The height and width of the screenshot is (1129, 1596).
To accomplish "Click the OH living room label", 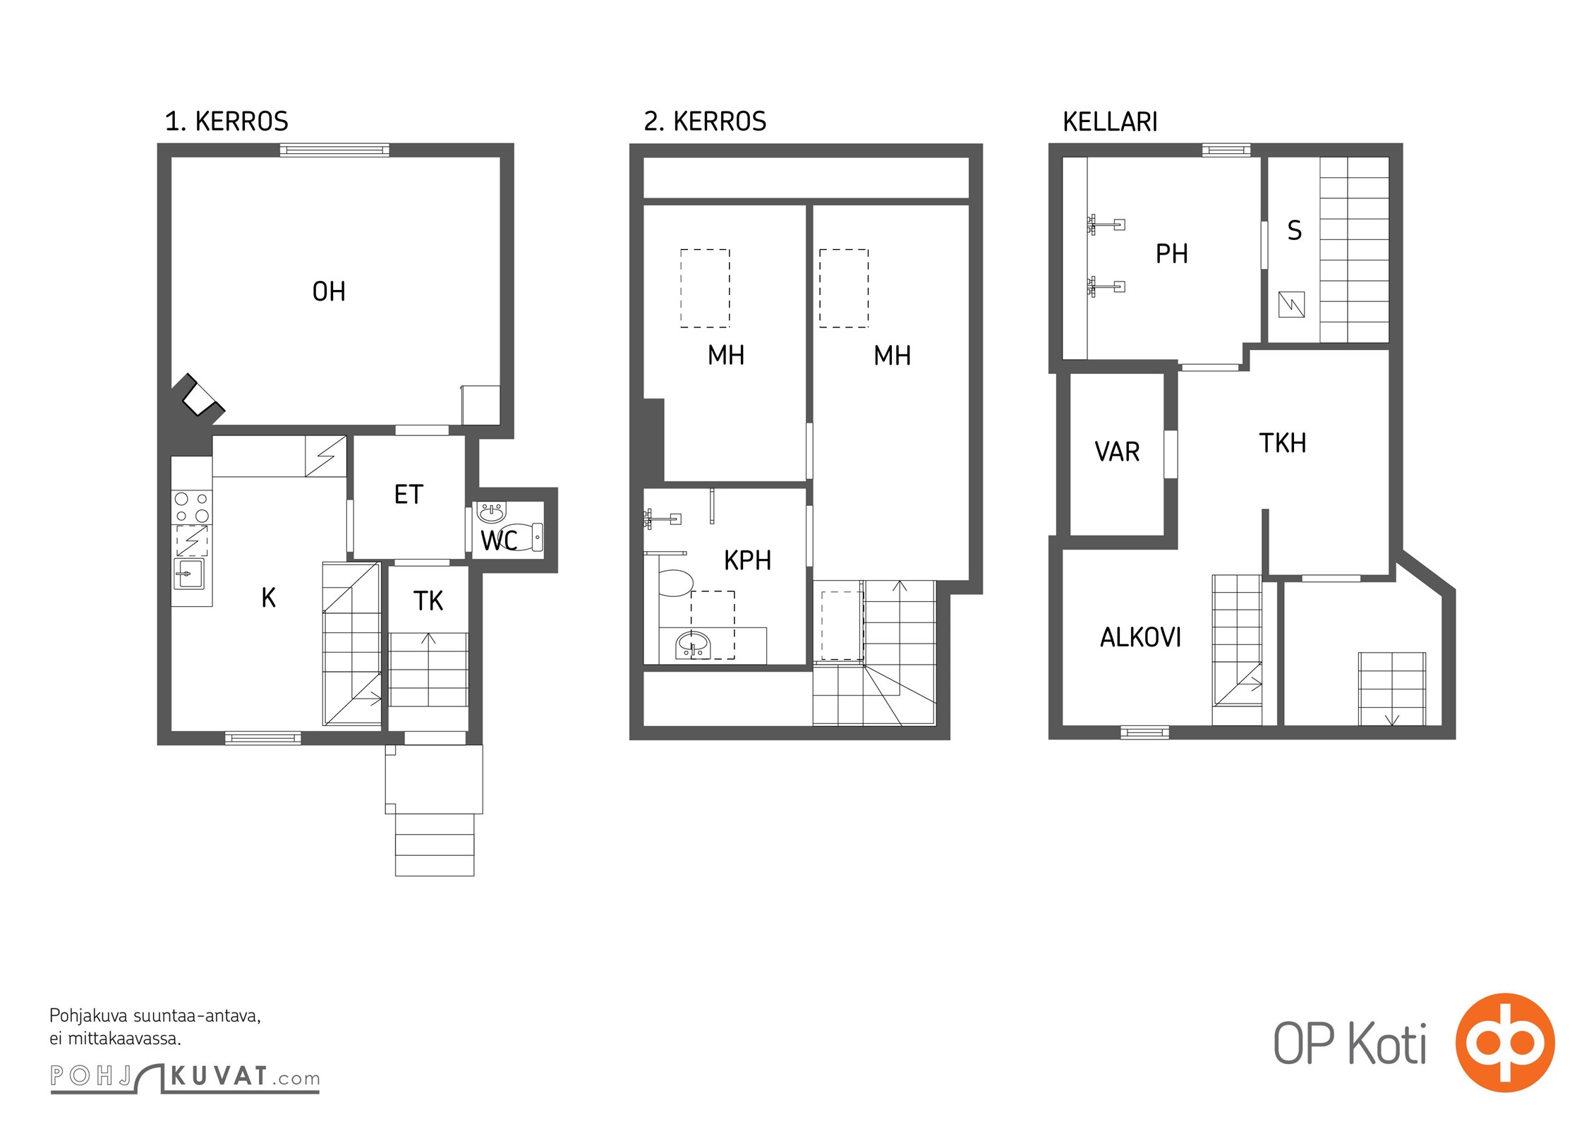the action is [x=329, y=291].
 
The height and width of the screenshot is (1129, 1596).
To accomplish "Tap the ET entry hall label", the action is [x=409, y=495].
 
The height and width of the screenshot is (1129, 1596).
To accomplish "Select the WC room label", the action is [x=499, y=541].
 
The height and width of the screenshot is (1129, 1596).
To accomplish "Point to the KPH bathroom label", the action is [x=747, y=560].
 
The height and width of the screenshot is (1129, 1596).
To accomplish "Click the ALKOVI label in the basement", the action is [x=1140, y=637].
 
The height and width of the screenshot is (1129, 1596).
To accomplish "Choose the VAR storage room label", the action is [x=1117, y=452].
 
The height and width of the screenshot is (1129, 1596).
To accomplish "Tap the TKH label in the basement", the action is [x=1283, y=443].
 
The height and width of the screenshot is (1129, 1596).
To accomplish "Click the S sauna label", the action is [x=1294, y=231].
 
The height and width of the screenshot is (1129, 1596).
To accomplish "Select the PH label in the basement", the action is [x=1172, y=253].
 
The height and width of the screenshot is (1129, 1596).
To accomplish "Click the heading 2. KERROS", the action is [x=705, y=121].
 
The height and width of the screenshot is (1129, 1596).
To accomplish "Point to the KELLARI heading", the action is [x=1110, y=122].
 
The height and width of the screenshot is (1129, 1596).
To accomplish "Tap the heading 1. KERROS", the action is [x=226, y=121].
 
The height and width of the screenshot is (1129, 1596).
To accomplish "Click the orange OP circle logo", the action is [x=1505, y=1042].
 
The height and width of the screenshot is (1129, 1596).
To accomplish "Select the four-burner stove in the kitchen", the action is [x=192, y=507].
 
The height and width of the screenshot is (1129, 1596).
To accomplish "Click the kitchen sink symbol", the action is [x=188, y=574].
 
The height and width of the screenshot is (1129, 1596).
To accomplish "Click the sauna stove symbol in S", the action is [x=1291, y=305].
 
